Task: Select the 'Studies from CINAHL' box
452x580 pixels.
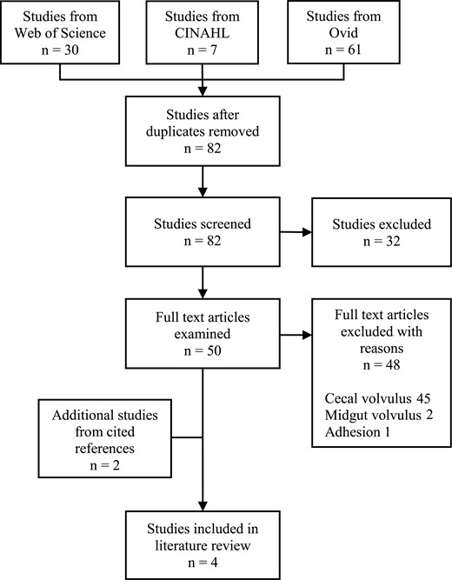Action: tap(203, 32)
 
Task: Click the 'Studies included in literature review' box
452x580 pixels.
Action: tap(203, 539)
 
